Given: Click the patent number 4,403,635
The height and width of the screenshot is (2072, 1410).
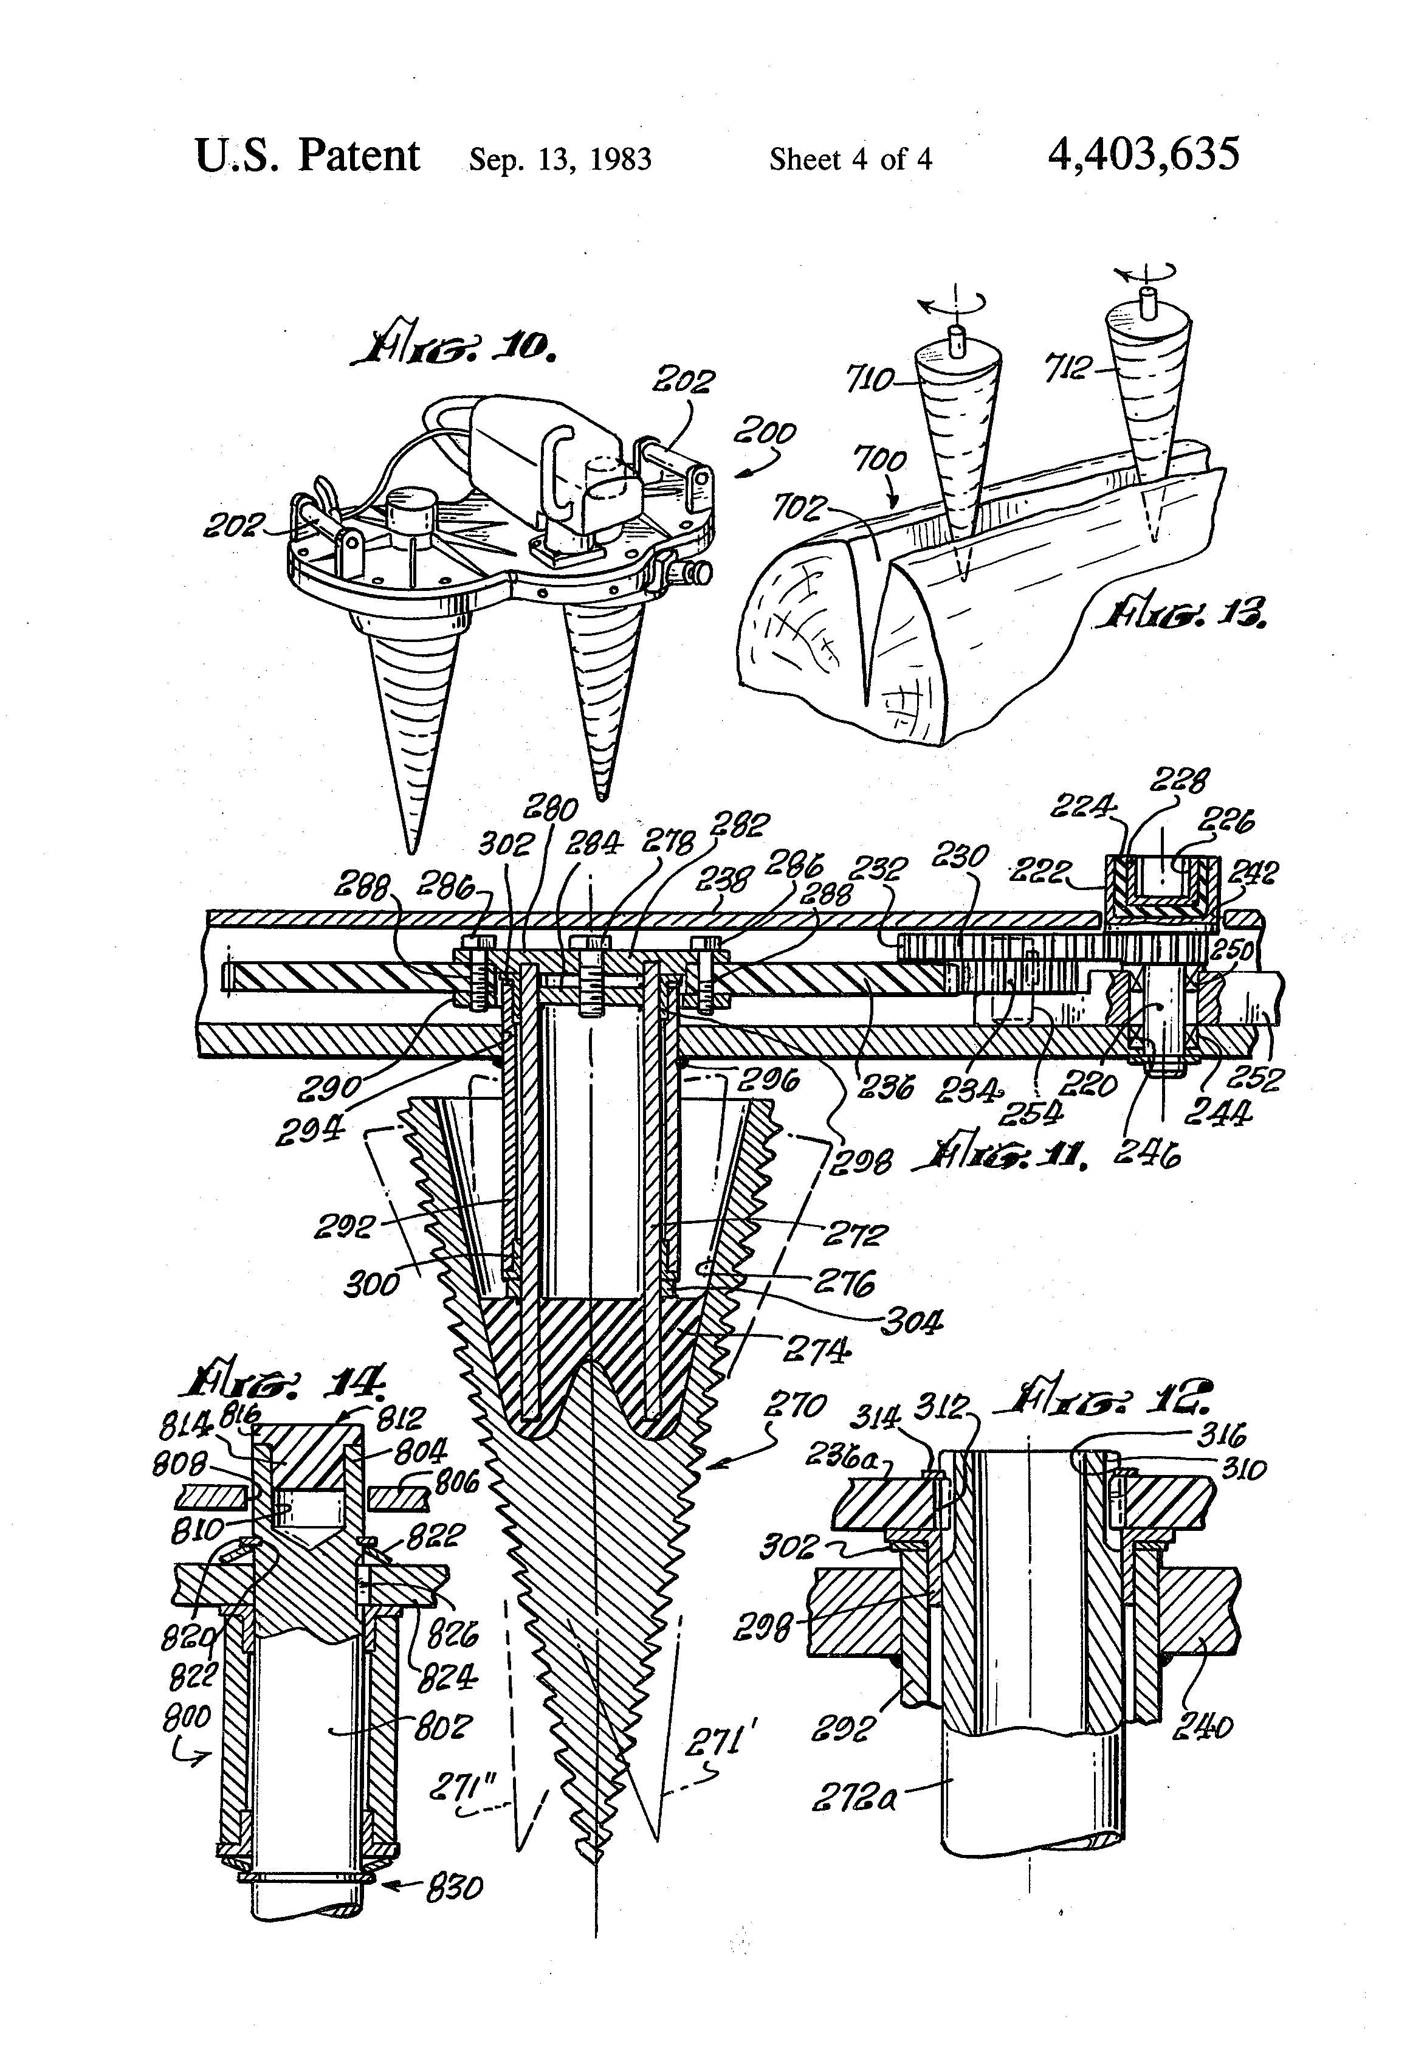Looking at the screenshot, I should pos(1144,155).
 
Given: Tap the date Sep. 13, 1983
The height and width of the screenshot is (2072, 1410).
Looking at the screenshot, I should pos(560,159).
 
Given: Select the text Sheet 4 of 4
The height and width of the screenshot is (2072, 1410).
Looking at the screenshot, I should pos(850,159).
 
